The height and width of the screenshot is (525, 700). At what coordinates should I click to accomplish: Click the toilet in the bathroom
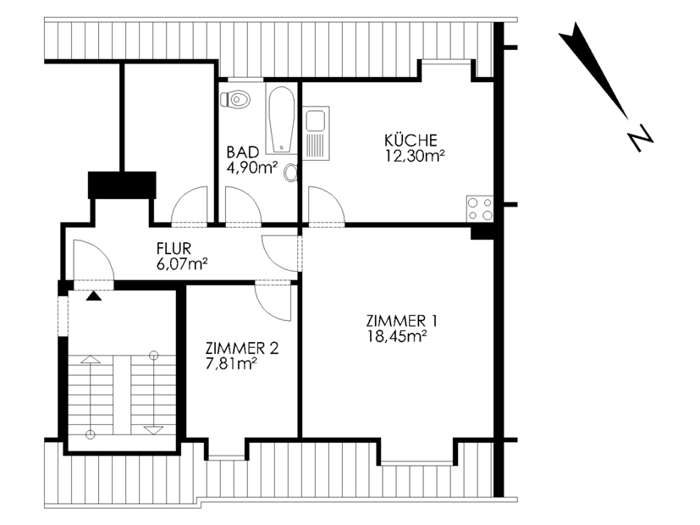click(x=235, y=99)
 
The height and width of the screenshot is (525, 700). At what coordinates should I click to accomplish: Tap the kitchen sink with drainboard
click(x=316, y=133)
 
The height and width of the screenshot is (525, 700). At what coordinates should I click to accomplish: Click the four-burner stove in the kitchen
click(x=480, y=209)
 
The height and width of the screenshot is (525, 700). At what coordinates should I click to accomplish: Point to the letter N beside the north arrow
click(x=640, y=137)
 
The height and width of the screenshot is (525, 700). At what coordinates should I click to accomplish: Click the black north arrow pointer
click(x=593, y=70)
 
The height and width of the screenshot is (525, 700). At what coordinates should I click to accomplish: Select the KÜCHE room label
click(x=411, y=141)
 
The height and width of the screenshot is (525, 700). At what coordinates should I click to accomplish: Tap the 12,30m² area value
click(x=415, y=156)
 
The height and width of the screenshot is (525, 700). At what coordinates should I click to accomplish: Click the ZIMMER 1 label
click(x=402, y=321)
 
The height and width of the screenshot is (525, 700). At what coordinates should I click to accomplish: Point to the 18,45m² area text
click(x=396, y=336)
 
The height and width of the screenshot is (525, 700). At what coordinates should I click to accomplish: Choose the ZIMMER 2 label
click(x=242, y=348)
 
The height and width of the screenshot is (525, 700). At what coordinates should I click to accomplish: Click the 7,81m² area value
click(x=231, y=364)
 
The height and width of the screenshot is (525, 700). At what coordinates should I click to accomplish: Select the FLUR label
click(x=174, y=248)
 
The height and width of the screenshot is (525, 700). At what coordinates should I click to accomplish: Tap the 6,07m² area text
click(x=182, y=264)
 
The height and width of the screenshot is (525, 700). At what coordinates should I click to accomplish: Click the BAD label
click(x=242, y=152)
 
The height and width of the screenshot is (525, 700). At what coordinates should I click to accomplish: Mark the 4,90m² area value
click(x=252, y=169)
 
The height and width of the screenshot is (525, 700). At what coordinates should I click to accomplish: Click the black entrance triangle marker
click(x=94, y=296)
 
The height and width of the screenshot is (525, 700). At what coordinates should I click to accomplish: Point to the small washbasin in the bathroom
click(x=291, y=173)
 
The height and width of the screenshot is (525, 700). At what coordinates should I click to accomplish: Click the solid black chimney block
click(x=122, y=185)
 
